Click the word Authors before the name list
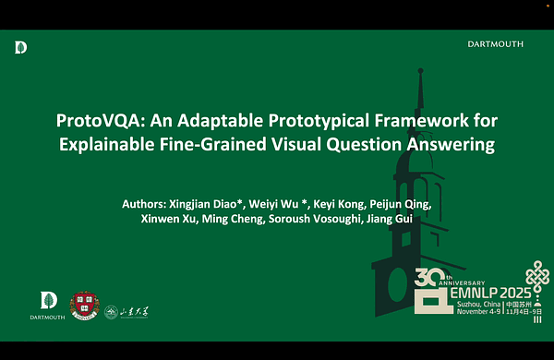[144, 202]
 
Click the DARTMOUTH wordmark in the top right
[496, 43]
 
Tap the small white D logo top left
[21, 47]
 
